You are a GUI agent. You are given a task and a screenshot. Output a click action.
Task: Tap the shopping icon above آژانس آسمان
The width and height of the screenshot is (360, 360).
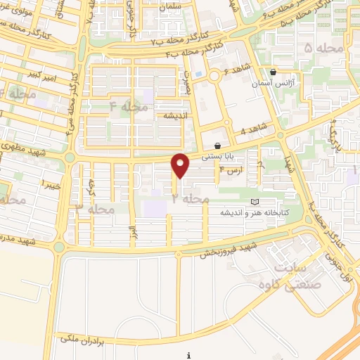pyautogui.click(x=274, y=72)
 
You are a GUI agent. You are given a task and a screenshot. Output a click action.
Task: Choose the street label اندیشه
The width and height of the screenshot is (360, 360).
pyautogui.click(x=176, y=115)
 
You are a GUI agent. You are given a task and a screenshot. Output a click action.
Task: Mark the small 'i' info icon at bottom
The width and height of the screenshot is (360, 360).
pyautogui.click(x=188, y=356)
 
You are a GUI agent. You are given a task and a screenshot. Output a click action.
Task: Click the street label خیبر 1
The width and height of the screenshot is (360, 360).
pyautogui.click(x=50, y=184)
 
